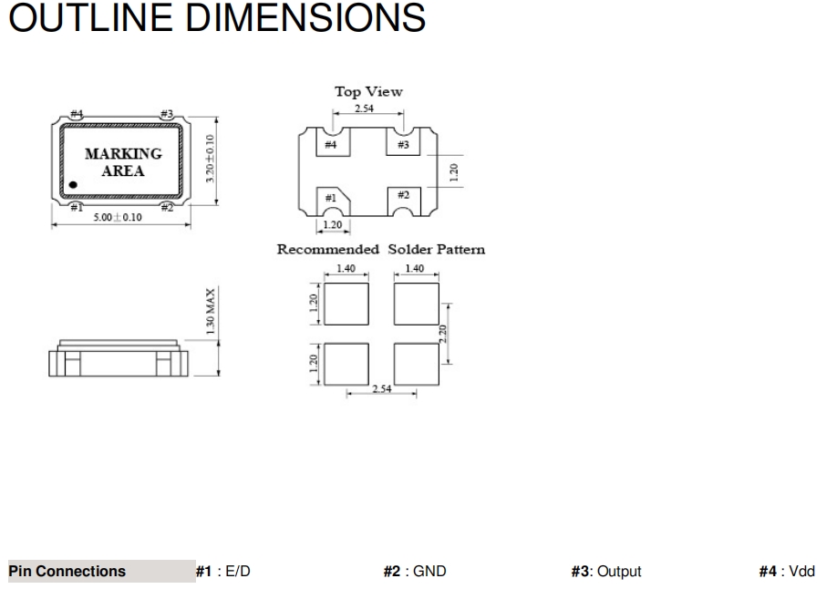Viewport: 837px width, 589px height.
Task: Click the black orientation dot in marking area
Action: coord(73,185)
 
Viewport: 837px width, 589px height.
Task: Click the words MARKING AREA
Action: coord(123,162)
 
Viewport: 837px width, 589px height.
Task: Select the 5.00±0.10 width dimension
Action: coord(118,217)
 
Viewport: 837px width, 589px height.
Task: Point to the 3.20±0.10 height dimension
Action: coord(210,159)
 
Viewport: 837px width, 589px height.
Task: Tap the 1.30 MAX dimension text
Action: coord(211,312)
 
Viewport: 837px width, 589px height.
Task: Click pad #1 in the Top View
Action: coord(333,201)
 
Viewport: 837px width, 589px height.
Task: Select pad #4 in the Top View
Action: coord(333,142)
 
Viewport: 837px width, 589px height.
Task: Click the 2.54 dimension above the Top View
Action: coord(365,108)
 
